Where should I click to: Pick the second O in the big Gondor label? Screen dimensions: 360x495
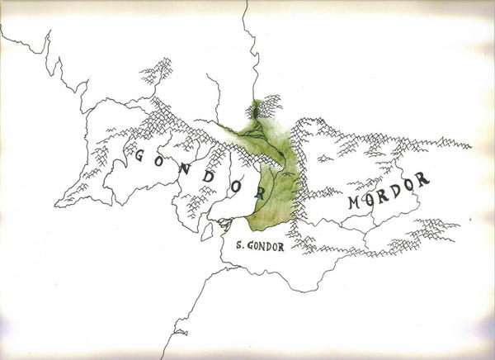pyautogui.click(x=234, y=183)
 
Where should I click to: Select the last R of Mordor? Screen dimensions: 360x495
pyautogui.click(x=423, y=178)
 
